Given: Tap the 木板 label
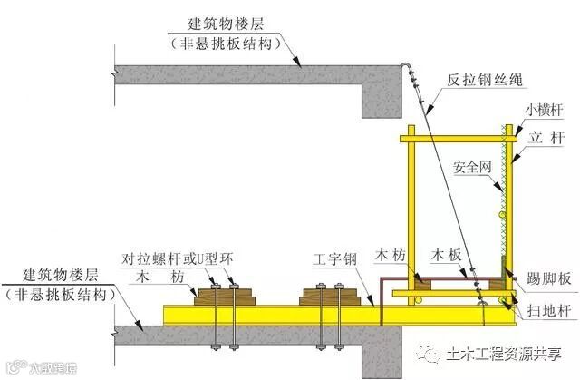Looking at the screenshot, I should click(x=450, y=258).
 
